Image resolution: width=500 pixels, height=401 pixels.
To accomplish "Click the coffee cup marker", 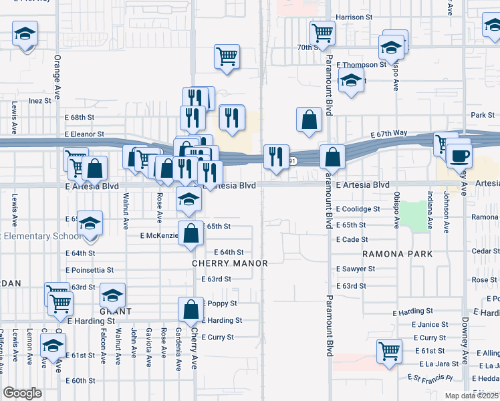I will pyautogui.click(x=459, y=155).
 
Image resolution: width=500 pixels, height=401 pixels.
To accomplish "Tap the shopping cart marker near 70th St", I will pyautogui.click(x=322, y=31).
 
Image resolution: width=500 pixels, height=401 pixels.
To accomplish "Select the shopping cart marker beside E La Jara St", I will pyautogui.click(x=390, y=350).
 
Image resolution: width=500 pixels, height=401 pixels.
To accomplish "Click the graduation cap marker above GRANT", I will pyautogui.click(x=113, y=294).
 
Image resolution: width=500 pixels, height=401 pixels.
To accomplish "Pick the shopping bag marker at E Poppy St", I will pyautogui.click(x=191, y=309).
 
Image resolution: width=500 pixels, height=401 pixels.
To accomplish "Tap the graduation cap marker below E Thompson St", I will pyautogui.click(x=350, y=82).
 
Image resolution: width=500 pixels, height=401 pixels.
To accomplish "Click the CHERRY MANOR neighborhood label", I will pyautogui.click(x=229, y=263).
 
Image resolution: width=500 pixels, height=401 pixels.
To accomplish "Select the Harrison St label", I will pyautogui.click(x=354, y=17).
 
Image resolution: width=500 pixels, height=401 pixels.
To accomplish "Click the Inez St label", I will pyautogui.click(x=40, y=101).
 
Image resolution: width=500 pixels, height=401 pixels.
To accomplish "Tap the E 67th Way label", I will pyautogui.click(x=390, y=133).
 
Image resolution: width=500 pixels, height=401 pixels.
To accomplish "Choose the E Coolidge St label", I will pyautogui.click(x=358, y=209).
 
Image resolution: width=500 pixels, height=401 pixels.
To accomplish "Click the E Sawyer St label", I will pyautogui.click(x=356, y=269).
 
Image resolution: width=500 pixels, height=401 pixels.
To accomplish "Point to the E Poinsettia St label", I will pyautogui.click(x=90, y=270).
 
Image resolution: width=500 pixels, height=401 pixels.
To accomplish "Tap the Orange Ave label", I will pyautogui.click(x=57, y=77).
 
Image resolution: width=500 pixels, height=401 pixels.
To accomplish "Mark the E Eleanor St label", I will pyautogui.click(x=84, y=134).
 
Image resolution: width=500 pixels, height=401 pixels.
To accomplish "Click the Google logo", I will pyautogui.click(x=23, y=393).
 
